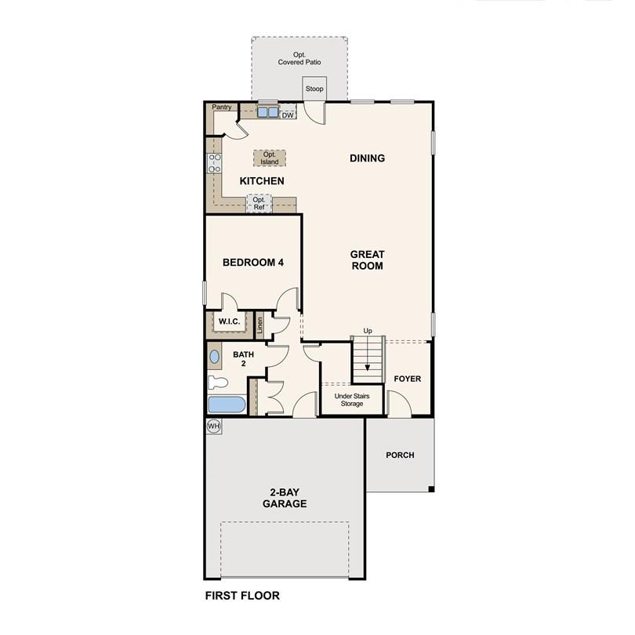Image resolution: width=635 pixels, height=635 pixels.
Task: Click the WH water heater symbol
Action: tap(213, 426)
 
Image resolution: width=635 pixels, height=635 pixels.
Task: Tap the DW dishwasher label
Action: tap(288, 115)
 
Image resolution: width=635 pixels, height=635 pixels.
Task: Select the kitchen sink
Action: tap(267, 112)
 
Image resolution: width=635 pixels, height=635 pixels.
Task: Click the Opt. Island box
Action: tap(270, 158)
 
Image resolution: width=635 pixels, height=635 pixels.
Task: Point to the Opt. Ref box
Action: tap(259, 204)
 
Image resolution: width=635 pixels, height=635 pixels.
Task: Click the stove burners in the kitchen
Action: tap(213, 163)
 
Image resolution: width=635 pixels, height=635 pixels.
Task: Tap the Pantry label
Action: tap(223, 107)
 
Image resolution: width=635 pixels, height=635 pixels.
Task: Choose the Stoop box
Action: tap(314, 89)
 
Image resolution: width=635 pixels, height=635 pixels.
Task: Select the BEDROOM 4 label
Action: tap(252, 263)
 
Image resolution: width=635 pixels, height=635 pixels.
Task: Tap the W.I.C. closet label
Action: tap(229, 321)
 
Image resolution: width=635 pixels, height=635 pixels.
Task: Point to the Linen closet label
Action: tap(260, 325)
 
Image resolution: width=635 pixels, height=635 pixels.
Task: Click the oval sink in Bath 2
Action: tap(215, 357)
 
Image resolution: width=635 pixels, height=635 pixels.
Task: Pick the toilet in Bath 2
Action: tap(217, 383)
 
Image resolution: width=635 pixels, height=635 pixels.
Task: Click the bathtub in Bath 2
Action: tap(227, 405)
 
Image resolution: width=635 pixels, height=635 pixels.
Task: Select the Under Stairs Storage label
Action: tap(352, 400)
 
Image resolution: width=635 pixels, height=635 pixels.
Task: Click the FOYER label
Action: tap(408, 379)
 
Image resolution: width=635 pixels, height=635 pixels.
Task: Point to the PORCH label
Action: tap(400, 455)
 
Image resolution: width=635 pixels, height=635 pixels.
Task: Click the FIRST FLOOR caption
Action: tap(242, 596)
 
